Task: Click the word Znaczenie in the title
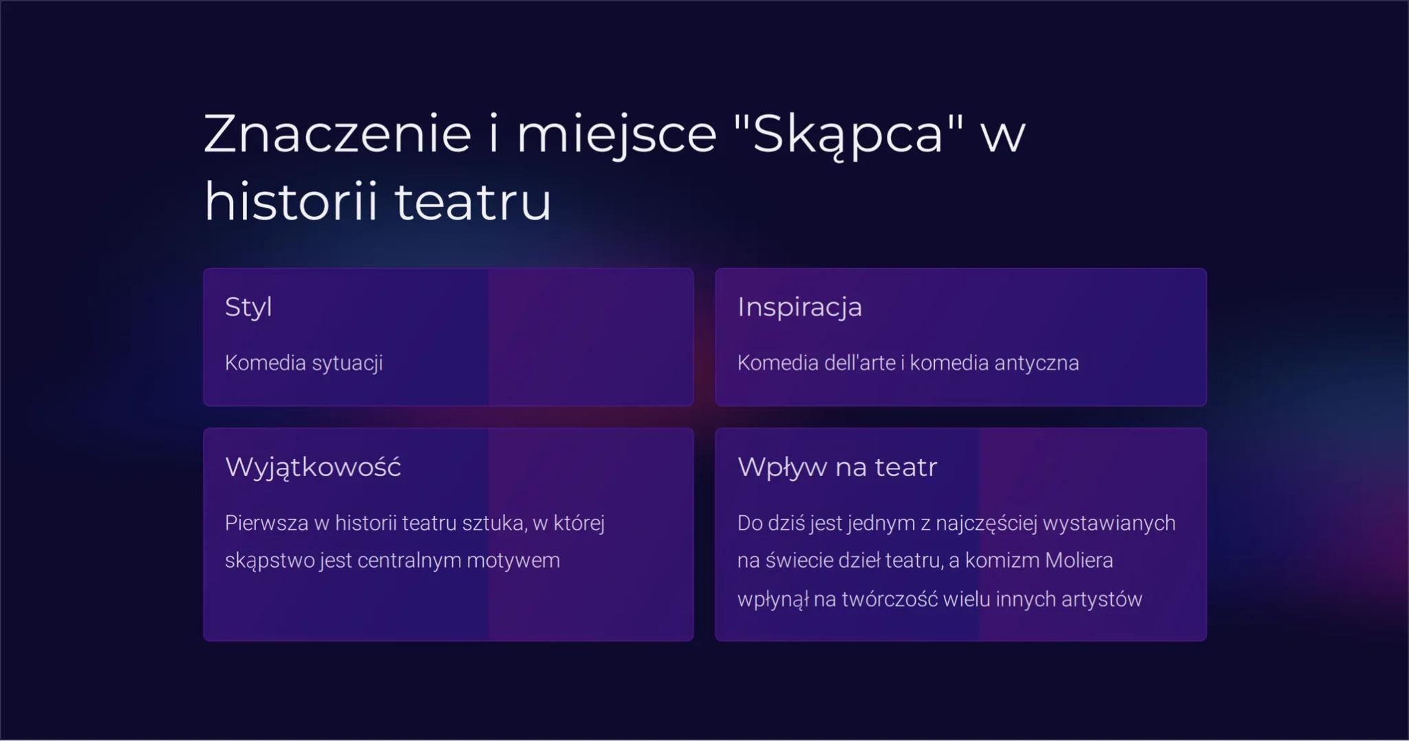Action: pos(337,133)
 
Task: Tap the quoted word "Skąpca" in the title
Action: pos(848,133)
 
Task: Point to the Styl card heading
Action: pos(248,307)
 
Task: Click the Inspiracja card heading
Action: pos(799,307)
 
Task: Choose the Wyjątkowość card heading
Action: pos(313,467)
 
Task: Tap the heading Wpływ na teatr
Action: pos(837,467)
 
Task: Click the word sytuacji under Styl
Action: pos(347,363)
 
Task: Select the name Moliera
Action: pos(1079,561)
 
